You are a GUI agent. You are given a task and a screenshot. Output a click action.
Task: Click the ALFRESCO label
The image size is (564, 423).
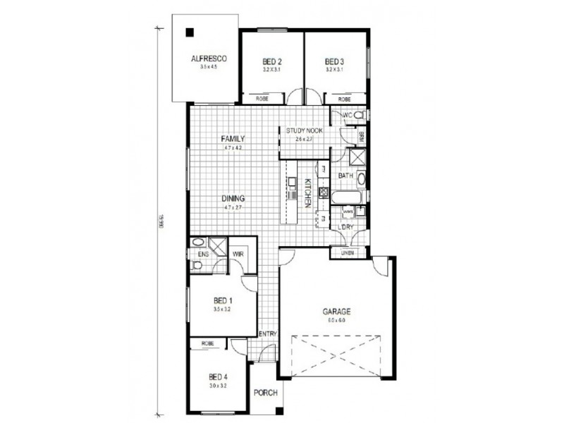click(205, 59)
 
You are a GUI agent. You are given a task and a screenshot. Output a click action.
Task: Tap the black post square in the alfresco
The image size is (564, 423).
click(190, 32)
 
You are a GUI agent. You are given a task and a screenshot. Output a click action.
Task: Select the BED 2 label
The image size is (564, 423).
click(273, 61)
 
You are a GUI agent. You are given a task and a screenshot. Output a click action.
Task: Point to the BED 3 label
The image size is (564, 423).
click(335, 61)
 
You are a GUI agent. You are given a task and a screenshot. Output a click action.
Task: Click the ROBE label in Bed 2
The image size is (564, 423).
click(262, 99)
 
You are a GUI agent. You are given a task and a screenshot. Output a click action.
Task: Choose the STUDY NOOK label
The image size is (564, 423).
click(304, 130)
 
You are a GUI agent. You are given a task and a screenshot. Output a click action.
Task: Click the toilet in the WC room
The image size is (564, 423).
click(359, 114)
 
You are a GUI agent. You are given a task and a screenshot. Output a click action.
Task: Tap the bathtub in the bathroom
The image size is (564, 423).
click(345, 198)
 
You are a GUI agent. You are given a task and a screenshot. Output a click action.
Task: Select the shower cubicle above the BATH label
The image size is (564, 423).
click(357, 156)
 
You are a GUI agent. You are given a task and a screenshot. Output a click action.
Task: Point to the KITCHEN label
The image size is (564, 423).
click(307, 192)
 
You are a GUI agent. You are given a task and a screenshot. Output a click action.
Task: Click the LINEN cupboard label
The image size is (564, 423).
click(347, 252)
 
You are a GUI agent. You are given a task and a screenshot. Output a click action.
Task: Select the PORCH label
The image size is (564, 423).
click(265, 393)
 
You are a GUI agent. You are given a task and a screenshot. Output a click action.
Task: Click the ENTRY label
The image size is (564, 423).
click(268, 334)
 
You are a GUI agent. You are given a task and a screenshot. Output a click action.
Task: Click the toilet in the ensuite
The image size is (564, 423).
click(197, 265)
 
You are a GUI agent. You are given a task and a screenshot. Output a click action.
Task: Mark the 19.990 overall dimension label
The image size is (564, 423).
click(161, 220)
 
